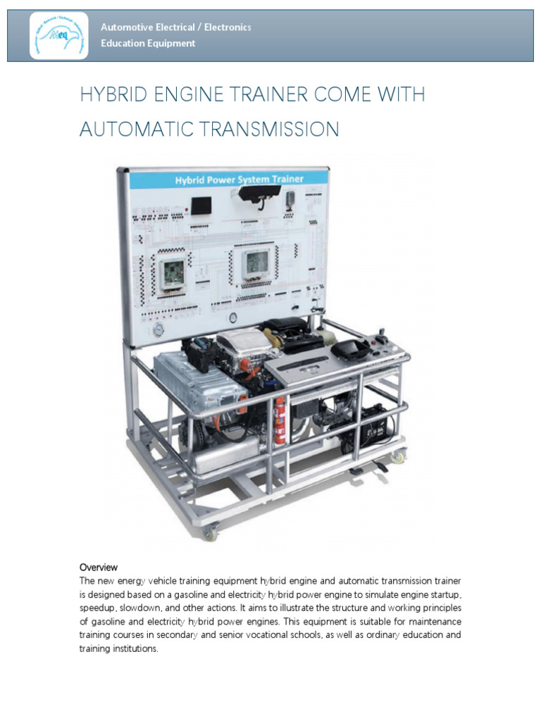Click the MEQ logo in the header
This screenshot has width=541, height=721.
[59, 36]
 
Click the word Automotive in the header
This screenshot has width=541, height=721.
[125, 27]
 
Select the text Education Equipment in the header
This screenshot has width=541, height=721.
[148, 44]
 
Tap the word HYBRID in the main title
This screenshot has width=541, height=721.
[114, 95]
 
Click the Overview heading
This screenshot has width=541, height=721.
[98, 567]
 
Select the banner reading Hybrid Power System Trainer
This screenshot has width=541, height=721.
[239, 180]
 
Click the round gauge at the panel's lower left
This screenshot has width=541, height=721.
[154, 330]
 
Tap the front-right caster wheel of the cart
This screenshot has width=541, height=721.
[399, 457]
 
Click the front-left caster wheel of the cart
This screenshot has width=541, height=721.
[210, 533]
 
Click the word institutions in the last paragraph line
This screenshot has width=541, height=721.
[132, 648]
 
